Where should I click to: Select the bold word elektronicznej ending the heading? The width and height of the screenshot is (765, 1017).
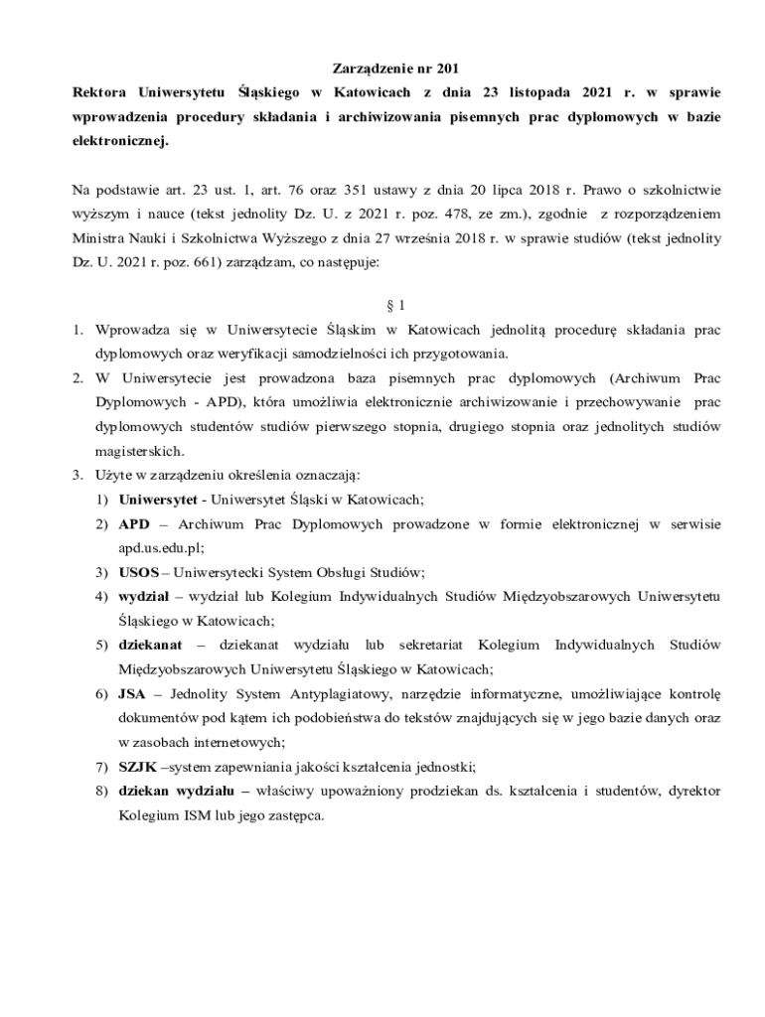coord(120,142)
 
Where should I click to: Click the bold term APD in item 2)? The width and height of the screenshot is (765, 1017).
coord(133,523)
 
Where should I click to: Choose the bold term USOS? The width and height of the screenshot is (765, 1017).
coord(138,572)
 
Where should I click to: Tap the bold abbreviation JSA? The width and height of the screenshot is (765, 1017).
coord(132,693)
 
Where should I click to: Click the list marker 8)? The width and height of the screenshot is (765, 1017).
coord(101,791)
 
